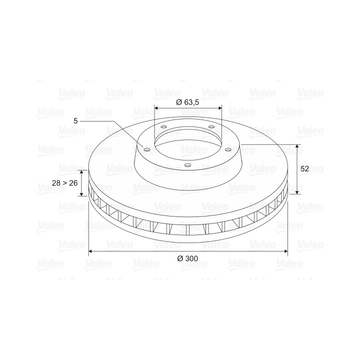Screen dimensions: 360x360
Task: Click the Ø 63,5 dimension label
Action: click(187, 102)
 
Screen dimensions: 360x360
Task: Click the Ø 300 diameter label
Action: click(187, 258)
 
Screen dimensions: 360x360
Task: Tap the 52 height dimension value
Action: click(304, 169)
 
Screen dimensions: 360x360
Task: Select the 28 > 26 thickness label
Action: click(64, 183)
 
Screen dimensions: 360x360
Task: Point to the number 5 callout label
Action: click(75, 121)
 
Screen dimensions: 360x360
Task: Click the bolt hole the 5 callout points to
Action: click(147, 150)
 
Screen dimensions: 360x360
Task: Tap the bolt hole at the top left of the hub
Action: click(163, 126)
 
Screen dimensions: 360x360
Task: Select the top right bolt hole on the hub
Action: click(211, 126)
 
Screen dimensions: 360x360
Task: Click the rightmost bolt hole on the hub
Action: click(228, 149)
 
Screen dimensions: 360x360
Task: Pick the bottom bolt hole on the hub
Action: click(187, 165)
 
